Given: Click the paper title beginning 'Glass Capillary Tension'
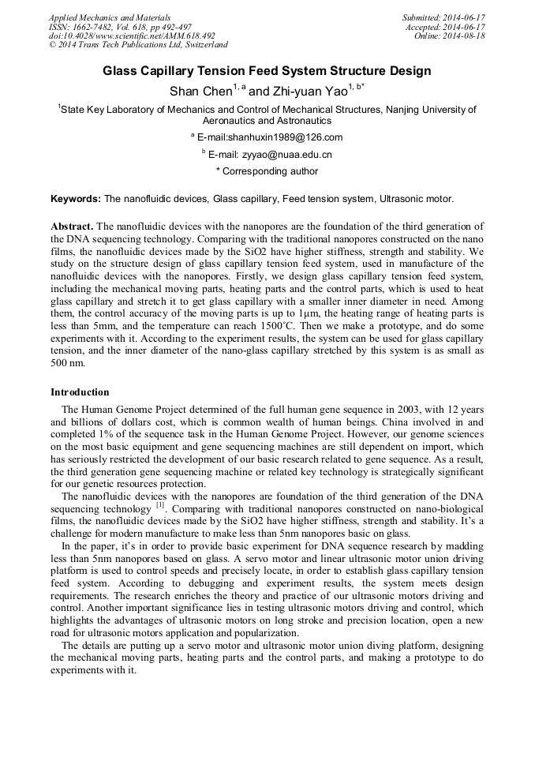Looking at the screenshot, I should (267, 71).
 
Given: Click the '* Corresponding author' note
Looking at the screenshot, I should (267, 171).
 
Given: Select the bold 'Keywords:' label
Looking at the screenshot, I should (75, 199).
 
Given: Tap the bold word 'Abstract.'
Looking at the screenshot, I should (72, 227).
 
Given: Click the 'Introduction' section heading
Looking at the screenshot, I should (80, 392).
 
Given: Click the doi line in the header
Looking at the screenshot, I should (131, 36).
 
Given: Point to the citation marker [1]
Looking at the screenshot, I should (159, 504).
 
